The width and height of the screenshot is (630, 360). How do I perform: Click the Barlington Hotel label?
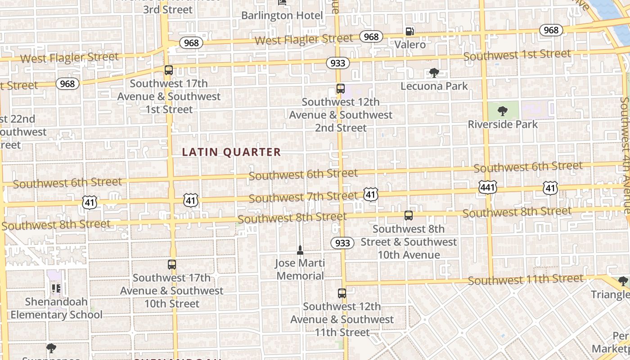[x=282, y=15]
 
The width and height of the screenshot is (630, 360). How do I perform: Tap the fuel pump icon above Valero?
[x=409, y=31]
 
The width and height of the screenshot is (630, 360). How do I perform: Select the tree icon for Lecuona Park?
[x=434, y=73]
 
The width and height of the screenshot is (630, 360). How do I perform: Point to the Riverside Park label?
[x=503, y=124]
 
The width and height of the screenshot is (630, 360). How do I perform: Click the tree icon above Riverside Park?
[x=503, y=111]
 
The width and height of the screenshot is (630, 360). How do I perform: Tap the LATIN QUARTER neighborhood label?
[x=231, y=152]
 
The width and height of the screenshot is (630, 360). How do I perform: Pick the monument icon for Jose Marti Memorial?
[x=300, y=250]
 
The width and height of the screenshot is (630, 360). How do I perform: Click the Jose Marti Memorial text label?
[x=300, y=269]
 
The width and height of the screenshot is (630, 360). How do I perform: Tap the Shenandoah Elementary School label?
[x=57, y=308]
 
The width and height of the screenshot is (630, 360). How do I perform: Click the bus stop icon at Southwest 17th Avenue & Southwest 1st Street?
[x=169, y=70]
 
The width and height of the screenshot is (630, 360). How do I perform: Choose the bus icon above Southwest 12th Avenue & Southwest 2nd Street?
[x=341, y=89]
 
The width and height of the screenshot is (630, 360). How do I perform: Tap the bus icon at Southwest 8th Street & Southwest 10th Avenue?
[x=409, y=216]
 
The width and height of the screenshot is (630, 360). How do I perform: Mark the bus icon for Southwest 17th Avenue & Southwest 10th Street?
[x=172, y=265]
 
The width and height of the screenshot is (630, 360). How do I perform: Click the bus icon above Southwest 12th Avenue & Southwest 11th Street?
[x=342, y=293]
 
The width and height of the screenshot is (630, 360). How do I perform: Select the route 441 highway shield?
[x=488, y=187]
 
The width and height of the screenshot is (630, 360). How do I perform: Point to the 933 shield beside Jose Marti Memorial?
[x=342, y=243]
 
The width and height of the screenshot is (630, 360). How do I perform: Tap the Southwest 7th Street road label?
[x=303, y=197]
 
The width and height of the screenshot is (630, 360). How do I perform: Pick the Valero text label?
[x=410, y=45]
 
